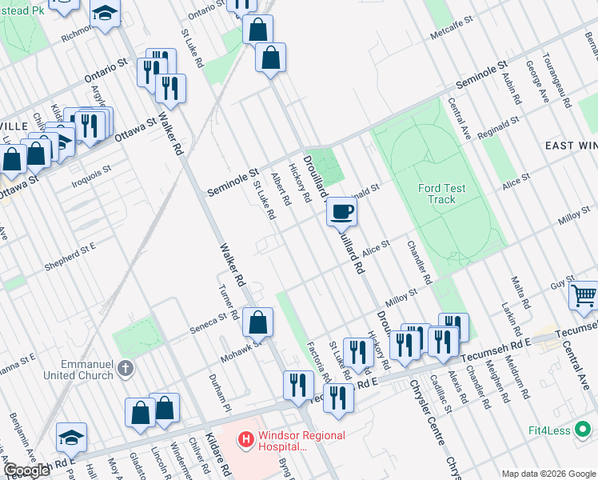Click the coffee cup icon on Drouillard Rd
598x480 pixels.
coord(341,212)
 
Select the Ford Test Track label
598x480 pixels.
coord(441,194)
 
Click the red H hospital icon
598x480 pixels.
coord(247,439)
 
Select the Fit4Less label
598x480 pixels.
coord(548,430)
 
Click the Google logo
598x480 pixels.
coord(26,470)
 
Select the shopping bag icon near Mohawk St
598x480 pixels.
coord(257,323)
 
